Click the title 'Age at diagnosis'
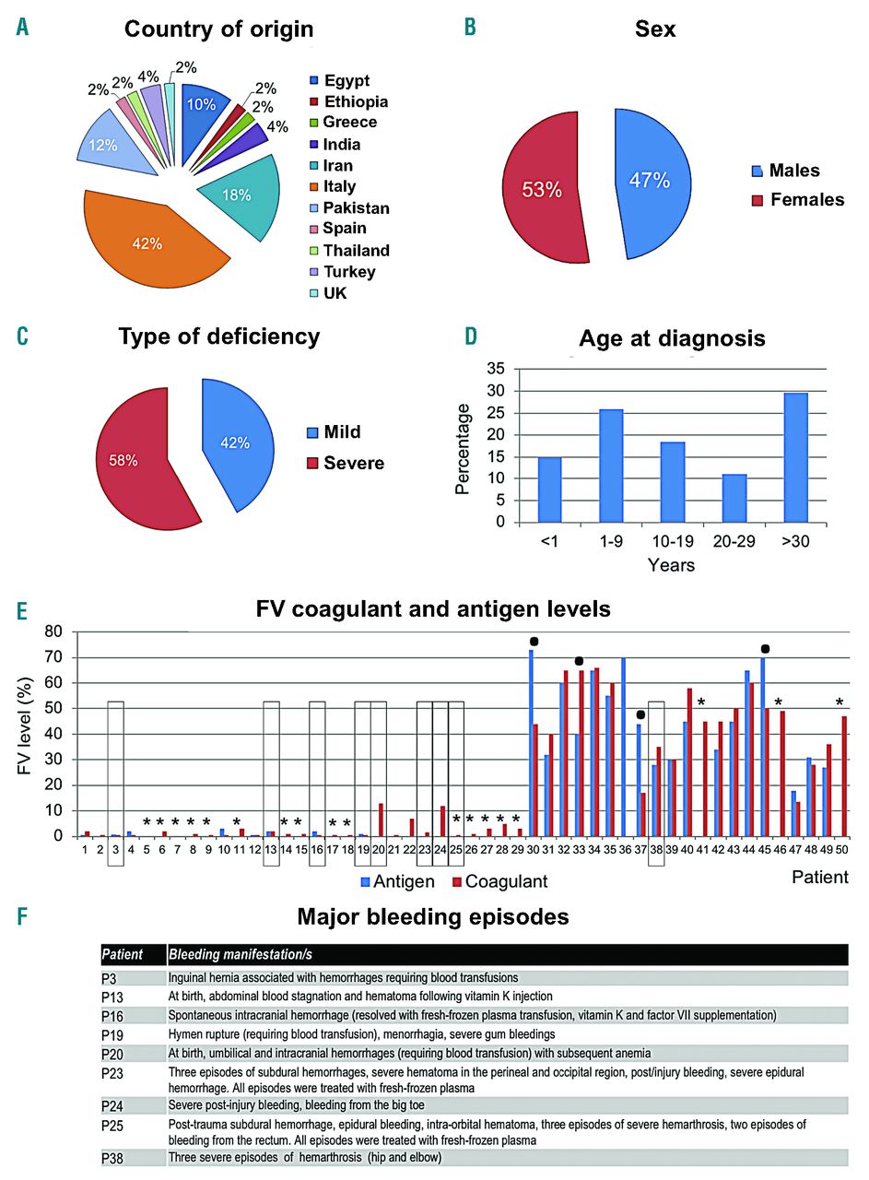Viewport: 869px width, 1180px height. (672, 338)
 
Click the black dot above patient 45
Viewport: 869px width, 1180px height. (764, 648)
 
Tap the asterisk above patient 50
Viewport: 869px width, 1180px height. (839, 702)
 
